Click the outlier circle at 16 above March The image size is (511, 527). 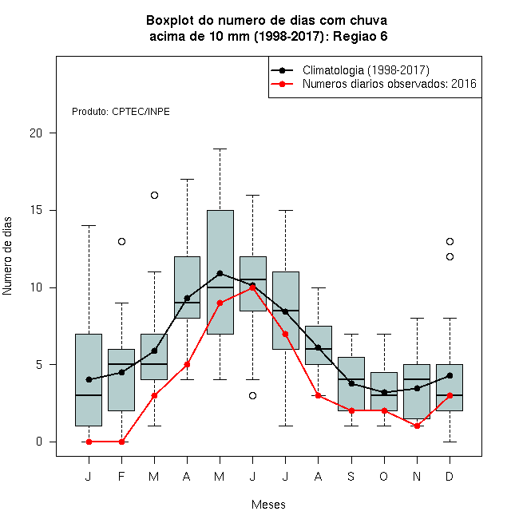pyautogui.click(x=154, y=196)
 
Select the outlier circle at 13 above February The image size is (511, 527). pyautogui.click(x=121, y=241)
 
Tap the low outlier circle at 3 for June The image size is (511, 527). pyautogui.click(x=253, y=395)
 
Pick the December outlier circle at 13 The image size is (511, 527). pyautogui.click(x=450, y=241)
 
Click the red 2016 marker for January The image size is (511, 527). pyautogui.click(x=89, y=442)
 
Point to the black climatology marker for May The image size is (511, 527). pyautogui.click(x=220, y=273)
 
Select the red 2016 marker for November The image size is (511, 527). pyautogui.click(x=417, y=426)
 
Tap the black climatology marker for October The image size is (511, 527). pyautogui.click(x=384, y=392)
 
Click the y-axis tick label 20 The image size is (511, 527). pyautogui.click(x=36, y=133)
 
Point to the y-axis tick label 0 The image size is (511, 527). pyautogui.click(x=39, y=442)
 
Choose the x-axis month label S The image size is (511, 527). pyautogui.click(x=351, y=477)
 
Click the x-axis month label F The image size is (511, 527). pyautogui.click(x=121, y=477)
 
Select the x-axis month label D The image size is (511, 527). pyautogui.click(x=450, y=477)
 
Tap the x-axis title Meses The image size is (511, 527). pyautogui.click(x=268, y=505)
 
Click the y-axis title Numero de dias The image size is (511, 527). pyautogui.click(x=7, y=256)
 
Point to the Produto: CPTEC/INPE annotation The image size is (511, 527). pyautogui.click(x=121, y=112)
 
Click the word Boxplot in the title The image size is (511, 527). pyautogui.click(x=170, y=21)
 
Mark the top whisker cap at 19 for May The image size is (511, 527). pyautogui.click(x=220, y=149)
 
